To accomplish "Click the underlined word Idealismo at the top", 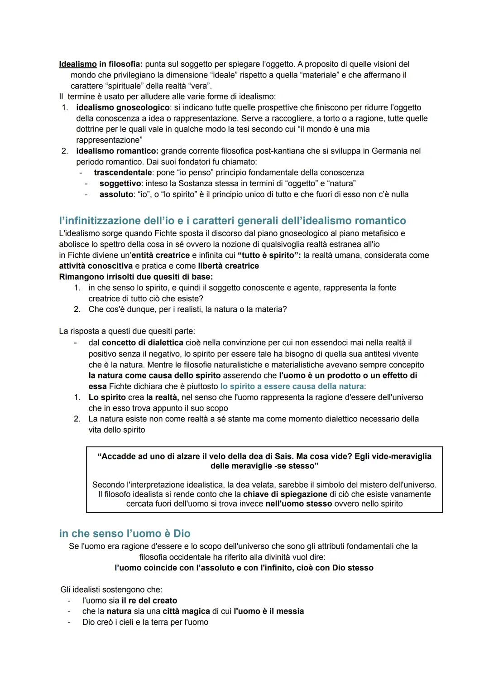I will click(78, 64).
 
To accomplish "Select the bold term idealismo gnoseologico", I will click(123, 107).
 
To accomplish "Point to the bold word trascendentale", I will click(123, 173).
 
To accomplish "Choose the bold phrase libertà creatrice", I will click(228, 266).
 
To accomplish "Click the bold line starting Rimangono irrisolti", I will click(136, 277).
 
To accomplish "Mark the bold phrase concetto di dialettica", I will click(143, 343).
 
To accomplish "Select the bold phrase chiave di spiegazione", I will click(285, 494).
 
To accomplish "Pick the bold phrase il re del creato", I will click(149, 601).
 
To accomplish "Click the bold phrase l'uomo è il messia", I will click(269, 612).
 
